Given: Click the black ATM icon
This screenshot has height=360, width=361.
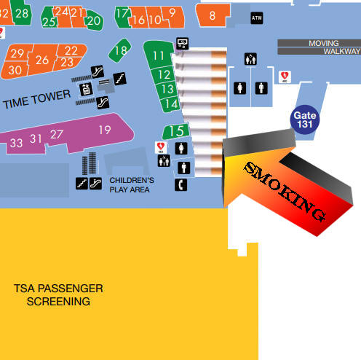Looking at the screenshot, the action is click(x=257, y=18).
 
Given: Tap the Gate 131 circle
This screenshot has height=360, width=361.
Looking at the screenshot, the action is click(x=305, y=120).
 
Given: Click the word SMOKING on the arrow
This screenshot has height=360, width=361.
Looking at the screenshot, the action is click(x=285, y=192).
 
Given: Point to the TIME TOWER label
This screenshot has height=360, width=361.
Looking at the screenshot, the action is click(x=37, y=99).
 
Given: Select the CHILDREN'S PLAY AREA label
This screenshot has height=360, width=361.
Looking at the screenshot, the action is click(x=132, y=185).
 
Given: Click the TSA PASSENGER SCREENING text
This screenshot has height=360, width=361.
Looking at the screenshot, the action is click(x=58, y=295).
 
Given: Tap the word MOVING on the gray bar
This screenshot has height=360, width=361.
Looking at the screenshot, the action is click(x=324, y=43).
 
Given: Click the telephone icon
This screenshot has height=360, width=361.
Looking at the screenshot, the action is click(x=180, y=185).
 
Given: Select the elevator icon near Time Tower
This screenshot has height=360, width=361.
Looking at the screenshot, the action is click(x=86, y=89).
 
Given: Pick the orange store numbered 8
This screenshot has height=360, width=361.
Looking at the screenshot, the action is click(x=212, y=15).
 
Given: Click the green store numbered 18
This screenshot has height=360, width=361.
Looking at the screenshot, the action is click(x=119, y=50).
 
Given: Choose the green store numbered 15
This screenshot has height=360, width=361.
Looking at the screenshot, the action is click(x=176, y=131).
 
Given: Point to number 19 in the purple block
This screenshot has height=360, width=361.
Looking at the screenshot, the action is click(x=105, y=130).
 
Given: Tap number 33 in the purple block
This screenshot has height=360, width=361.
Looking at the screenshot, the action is click(x=16, y=143).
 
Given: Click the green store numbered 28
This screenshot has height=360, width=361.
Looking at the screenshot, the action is click(x=22, y=12).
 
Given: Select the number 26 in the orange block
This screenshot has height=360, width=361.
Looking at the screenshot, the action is click(x=42, y=60).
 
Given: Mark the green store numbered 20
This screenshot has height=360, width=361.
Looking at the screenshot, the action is click(x=94, y=20).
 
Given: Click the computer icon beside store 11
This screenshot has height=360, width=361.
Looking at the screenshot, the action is click(x=182, y=44).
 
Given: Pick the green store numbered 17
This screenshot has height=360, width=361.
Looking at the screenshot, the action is click(x=123, y=17).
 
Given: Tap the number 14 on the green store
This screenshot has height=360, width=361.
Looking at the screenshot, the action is click(x=172, y=104).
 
